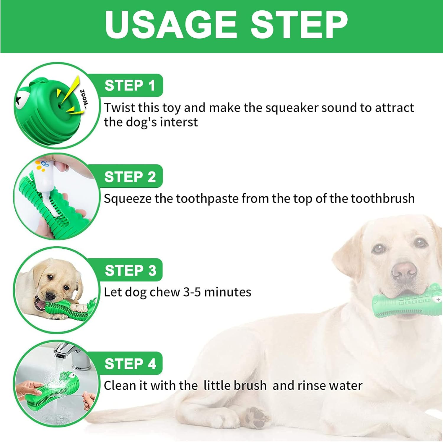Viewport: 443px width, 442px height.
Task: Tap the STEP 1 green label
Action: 130,86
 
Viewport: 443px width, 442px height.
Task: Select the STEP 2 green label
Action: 130,177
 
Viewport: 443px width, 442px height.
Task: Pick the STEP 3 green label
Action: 130,270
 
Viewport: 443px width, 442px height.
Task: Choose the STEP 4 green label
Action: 130,364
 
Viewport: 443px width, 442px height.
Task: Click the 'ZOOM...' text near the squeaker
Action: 84,99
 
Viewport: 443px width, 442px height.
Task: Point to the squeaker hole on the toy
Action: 60,105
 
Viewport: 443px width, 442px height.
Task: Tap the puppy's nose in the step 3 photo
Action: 51,296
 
